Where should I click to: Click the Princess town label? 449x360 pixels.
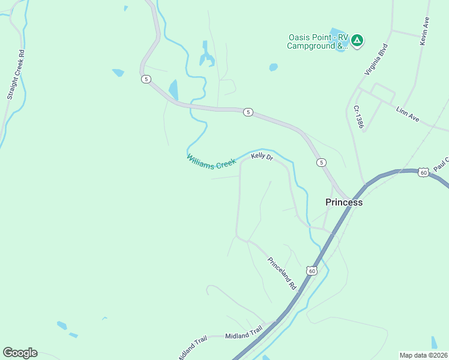[344, 202]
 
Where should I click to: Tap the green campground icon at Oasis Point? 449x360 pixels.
[357, 40]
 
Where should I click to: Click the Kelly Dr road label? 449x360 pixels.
[262, 157]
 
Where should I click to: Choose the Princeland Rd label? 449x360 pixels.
[282, 274]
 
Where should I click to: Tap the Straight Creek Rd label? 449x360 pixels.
[15, 74]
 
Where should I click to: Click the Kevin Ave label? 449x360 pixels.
[424, 31]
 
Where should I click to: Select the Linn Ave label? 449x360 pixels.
[408, 114]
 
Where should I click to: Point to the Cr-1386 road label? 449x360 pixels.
[359, 116]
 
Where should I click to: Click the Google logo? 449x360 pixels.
[20, 352]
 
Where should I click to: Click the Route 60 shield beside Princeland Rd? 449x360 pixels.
[311, 271]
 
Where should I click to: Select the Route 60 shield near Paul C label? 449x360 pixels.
[423, 172]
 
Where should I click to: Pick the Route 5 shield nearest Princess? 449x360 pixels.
[322, 163]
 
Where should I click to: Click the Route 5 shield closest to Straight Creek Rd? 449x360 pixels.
[145, 79]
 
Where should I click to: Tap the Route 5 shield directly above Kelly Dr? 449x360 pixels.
[248, 112]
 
